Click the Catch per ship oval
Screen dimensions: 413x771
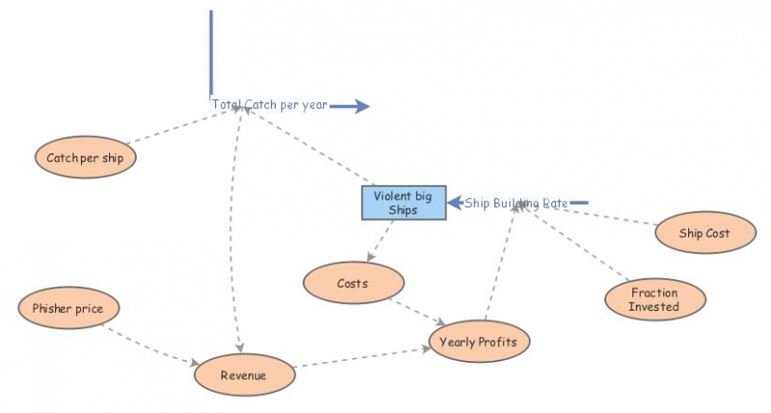coord(85,157)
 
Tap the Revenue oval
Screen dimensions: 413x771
coord(243,374)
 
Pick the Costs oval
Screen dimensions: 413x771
coord(353,284)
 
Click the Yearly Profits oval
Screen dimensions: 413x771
coord(479,342)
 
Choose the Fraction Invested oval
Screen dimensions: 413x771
coord(654,299)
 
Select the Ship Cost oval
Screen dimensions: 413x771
coord(704,233)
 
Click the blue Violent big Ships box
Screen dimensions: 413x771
coord(403,203)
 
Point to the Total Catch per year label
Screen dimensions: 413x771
coord(270,105)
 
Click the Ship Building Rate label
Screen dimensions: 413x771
coord(517,203)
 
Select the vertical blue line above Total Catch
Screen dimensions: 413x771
coord(211,53)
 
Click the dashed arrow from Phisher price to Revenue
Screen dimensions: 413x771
coord(149,345)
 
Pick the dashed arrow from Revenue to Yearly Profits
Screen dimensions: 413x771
coord(361,356)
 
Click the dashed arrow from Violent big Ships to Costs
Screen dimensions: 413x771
coord(381,241)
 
